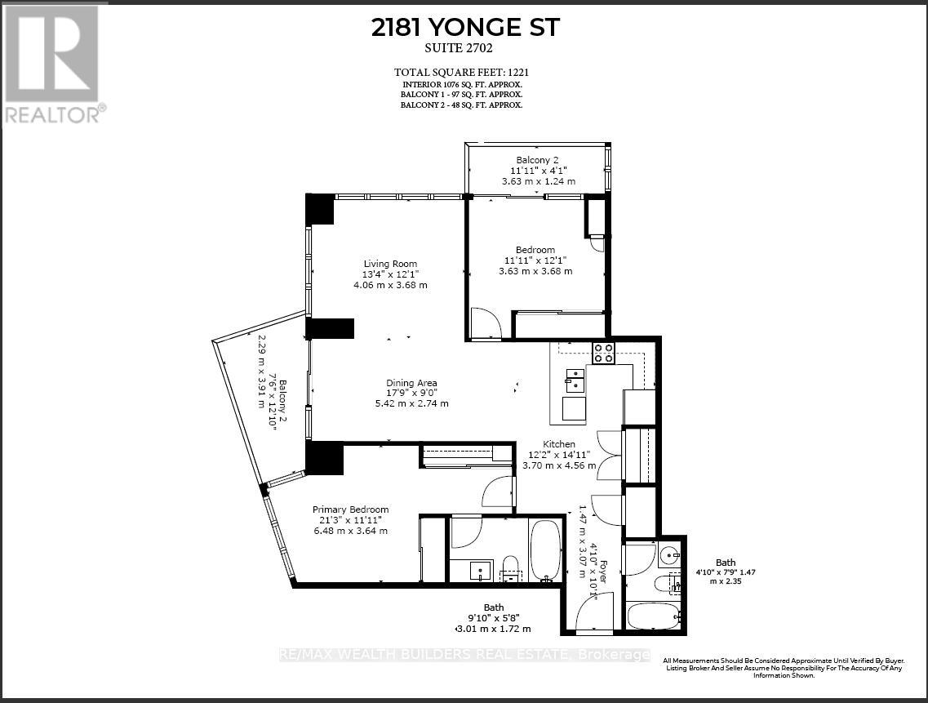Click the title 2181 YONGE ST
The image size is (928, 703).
[x=465, y=27]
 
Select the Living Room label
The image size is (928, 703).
[x=390, y=264]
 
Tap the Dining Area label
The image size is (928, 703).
[x=411, y=383]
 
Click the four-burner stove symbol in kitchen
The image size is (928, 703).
[x=603, y=354]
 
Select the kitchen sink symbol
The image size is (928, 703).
[x=575, y=380]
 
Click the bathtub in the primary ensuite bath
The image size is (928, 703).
[x=544, y=549]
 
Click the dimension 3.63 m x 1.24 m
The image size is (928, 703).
[x=537, y=181]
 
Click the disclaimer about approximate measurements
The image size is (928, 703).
[x=782, y=668]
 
